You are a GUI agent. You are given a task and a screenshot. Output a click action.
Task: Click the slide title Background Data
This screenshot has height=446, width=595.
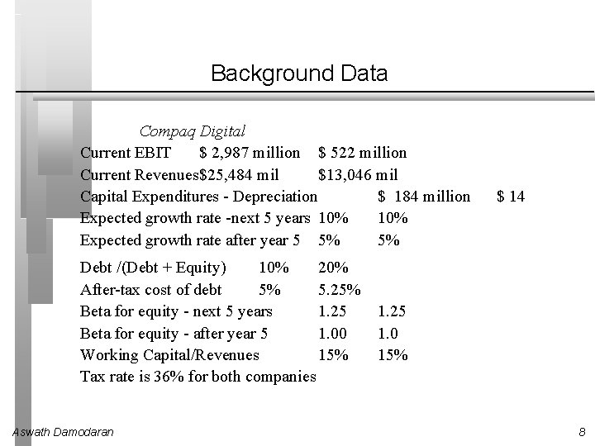pos(298,74)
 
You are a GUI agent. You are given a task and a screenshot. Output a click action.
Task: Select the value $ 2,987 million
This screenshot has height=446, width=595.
pos(250,153)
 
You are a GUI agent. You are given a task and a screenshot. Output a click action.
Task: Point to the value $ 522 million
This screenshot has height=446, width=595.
pos(362,153)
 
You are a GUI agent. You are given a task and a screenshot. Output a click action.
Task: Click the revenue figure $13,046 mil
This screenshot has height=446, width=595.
pos(358,174)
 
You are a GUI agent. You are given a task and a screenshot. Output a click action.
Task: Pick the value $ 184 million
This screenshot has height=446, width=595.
pos(423,197)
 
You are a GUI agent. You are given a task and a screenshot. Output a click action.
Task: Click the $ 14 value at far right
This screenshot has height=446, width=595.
pos(510,197)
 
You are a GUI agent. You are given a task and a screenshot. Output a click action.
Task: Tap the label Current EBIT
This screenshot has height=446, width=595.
pos(126,153)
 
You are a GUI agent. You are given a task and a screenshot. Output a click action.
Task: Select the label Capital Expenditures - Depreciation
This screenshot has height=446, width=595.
pos(198,197)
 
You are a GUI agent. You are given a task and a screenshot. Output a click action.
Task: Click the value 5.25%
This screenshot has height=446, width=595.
pos(339,290)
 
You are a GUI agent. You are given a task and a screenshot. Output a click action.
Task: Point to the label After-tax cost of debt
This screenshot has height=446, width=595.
pos(151,290)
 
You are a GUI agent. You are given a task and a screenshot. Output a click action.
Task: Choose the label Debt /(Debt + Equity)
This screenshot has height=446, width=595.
pos(153,268)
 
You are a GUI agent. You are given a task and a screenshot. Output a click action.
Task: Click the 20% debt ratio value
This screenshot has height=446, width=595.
pos(333,268)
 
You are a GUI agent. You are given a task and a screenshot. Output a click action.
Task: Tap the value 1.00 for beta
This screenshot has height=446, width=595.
pos(333,334)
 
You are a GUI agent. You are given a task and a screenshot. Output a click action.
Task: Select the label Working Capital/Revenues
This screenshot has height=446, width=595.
pos(169,355)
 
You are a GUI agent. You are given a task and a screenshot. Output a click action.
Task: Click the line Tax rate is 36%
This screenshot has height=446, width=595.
pos(198,377)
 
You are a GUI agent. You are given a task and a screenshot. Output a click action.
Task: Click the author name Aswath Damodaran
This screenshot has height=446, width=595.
pos(64,431)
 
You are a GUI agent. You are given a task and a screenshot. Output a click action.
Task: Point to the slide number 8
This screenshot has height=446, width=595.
pos(582,431)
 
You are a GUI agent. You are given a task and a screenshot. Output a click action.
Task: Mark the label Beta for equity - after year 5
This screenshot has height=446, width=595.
pos(174,334)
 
